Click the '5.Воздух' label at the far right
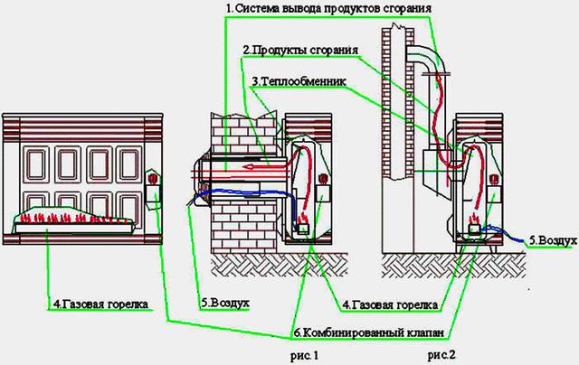[x=552, y=241]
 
